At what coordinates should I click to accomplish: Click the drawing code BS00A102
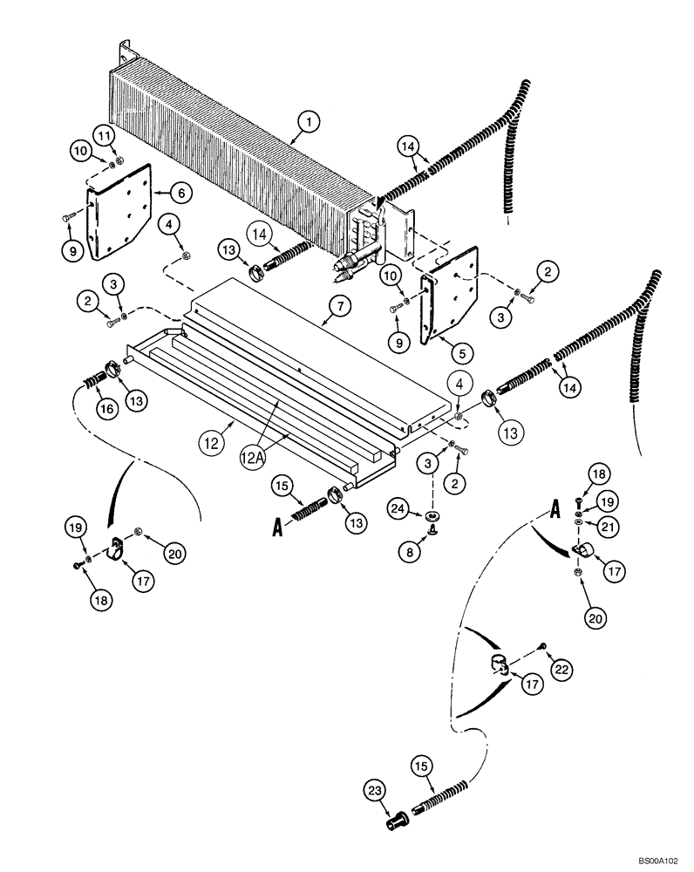658,860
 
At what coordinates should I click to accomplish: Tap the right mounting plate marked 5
449,305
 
